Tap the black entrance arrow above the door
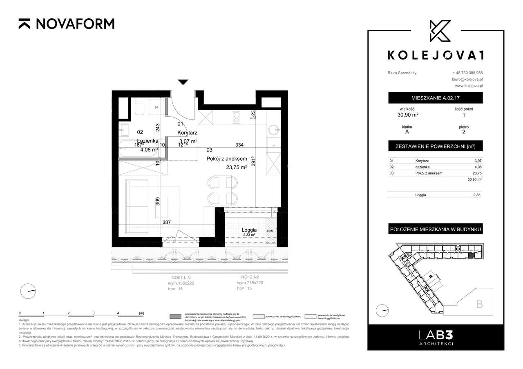tap(183, 82)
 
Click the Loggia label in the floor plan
tap(249, 229)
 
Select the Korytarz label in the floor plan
tap(188, 133)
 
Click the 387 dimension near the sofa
tap(166, 222)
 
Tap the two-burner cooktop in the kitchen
tap(236, 118)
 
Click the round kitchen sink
tap(273, 130)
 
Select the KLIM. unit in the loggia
tap(270, 231)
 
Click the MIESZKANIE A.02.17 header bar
tap(435, 98)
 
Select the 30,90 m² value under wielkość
tap(409, 115)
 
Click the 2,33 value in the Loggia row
tap(476, 195)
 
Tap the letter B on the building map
tap(479, 304)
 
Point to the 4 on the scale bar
tap(118, 313)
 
